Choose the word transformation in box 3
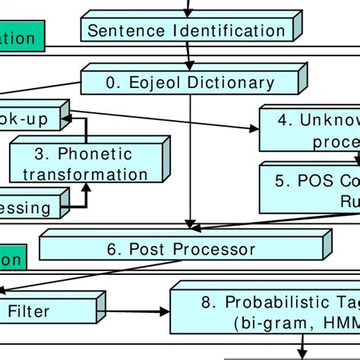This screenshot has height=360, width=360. tap(85, 174)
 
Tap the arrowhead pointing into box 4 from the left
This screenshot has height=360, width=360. tap(253, 128)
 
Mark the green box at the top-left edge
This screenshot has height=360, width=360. tap(21, 37)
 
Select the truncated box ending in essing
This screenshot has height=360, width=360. tap(30, 207)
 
